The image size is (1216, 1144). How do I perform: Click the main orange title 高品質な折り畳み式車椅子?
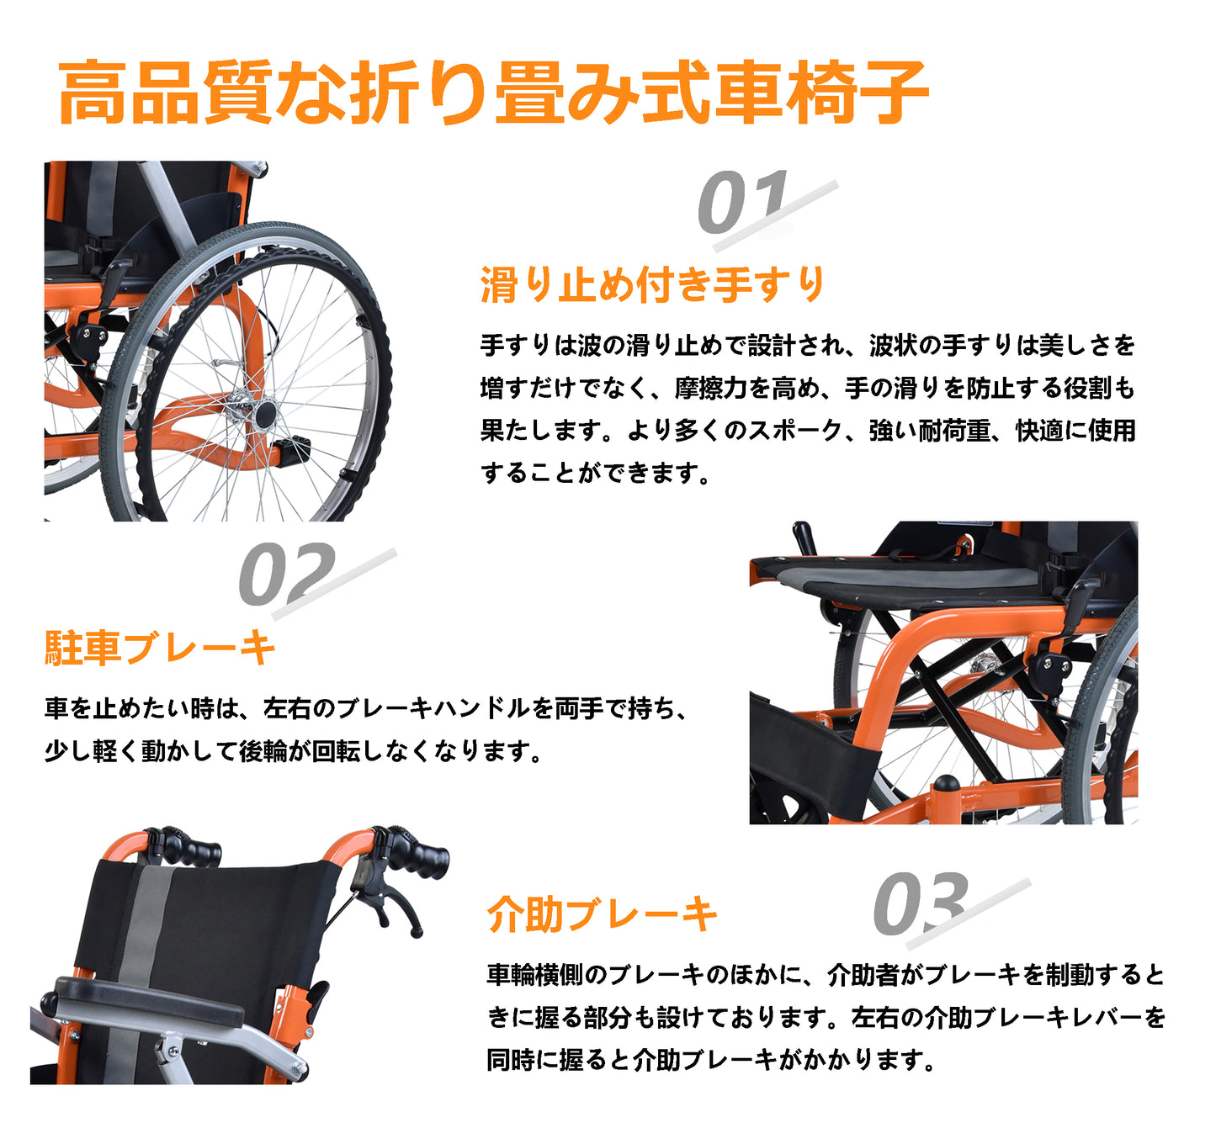[x=493, y=93]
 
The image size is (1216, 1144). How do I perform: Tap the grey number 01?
[x=743, y=201]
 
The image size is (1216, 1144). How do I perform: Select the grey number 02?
[x=286, y=574]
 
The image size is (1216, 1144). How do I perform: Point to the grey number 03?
[x=921, y=903]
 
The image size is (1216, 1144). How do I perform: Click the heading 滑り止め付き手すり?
[x=653, y=284]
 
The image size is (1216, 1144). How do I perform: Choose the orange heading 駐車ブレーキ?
[x=161, y=649]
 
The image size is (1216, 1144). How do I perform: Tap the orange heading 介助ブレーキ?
[x=603, y=914]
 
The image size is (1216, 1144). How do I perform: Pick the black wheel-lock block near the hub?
[x=293, y=450]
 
